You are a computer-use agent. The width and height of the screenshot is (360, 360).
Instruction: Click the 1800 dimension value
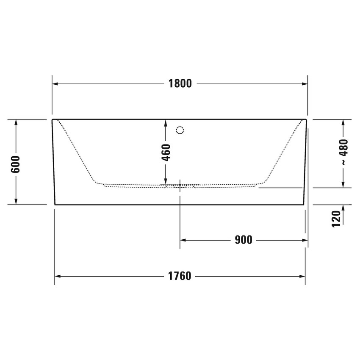pos(180,84)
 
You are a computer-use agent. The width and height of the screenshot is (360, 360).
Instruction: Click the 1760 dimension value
pos(180,277)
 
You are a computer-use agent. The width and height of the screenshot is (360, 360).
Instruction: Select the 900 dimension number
pos(243,240)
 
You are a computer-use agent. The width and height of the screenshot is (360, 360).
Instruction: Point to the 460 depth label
pos(166,152)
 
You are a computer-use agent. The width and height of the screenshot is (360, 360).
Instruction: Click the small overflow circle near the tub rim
pos(180,130)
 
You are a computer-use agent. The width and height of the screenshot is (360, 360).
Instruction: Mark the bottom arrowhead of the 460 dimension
pos(166,182)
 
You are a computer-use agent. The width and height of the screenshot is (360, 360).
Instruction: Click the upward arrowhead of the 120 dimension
pos(343,208)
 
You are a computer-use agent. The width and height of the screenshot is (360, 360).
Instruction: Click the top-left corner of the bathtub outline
pos(52,120)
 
